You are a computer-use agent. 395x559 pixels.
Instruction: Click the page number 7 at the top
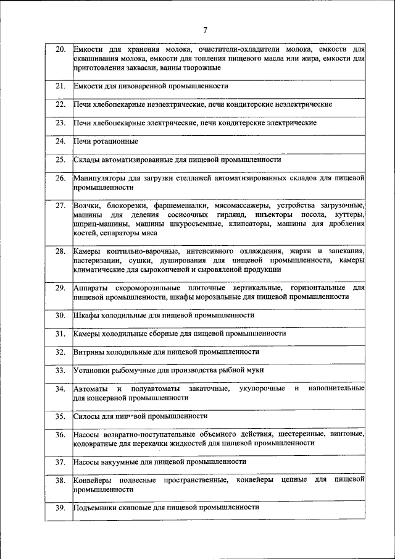206,30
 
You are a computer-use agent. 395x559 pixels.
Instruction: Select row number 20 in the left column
60,49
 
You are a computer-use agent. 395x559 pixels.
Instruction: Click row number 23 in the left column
60,123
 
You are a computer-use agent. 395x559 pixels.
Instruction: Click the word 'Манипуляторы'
99,178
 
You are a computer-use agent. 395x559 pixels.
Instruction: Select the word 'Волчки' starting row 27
86,205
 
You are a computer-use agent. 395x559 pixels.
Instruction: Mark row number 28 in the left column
60,251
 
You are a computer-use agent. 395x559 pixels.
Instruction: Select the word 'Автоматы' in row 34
90,389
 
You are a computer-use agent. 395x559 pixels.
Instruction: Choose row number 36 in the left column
60,434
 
